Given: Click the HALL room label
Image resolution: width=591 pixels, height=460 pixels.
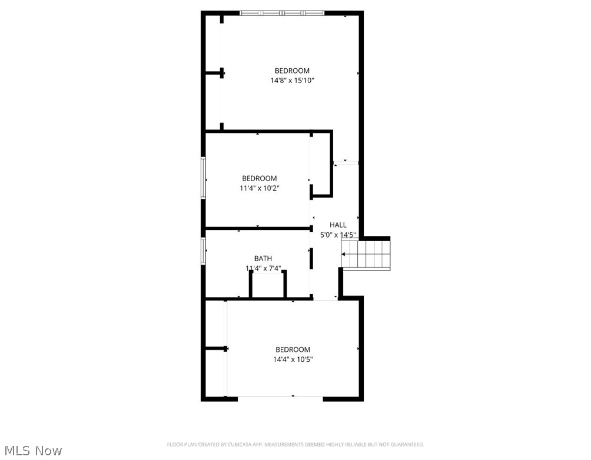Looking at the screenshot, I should [338, 225].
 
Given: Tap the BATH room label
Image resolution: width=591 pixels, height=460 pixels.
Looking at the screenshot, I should [263, 258].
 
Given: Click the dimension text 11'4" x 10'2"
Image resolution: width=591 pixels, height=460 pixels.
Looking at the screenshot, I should [259, 188].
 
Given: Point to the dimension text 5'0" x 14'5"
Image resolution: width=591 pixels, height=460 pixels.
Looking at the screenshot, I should [338, 235].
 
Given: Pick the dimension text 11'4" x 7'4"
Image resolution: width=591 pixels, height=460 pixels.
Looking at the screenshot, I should [263, 268].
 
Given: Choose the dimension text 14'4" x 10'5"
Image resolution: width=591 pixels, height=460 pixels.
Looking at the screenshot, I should [293, 359].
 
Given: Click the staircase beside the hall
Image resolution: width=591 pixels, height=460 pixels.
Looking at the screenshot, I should [368, 254].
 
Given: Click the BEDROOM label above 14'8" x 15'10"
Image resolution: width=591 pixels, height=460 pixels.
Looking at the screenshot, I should [292, 71].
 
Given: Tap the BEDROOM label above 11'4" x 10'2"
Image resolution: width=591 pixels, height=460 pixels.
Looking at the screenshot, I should [259, 178].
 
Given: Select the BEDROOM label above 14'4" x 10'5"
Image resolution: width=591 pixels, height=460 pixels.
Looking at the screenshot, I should [293, 349].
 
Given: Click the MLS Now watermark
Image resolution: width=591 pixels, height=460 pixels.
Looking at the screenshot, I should [32, 451].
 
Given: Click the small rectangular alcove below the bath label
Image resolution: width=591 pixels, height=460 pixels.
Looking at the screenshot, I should [268, 285].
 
